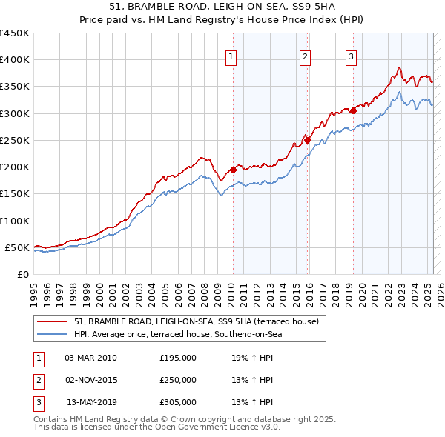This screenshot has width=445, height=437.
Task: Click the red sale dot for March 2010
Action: point(233,170)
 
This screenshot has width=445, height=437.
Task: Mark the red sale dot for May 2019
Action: point(353,110)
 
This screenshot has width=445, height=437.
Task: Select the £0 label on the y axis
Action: point(22,275)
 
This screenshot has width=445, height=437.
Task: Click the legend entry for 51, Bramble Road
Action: point(197,321)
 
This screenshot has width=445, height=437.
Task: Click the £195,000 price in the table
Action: point(178,358)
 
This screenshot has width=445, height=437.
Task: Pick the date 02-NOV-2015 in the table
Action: point(90,380)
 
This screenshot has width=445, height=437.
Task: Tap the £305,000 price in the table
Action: point(178,402)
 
